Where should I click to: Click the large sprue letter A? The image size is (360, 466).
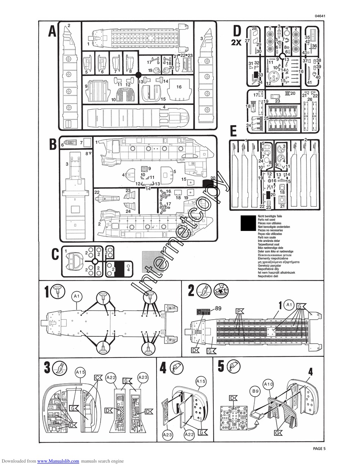52,31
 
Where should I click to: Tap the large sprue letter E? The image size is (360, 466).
233,132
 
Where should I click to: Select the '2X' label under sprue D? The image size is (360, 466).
236,42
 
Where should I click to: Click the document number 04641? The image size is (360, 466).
320,16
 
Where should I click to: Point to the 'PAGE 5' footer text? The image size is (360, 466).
319,449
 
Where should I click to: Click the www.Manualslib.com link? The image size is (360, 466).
58,461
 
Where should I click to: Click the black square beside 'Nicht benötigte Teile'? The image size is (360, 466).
248,223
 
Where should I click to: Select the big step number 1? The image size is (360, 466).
47,292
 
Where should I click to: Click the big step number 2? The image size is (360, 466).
191,291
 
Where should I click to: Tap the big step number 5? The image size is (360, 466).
221,366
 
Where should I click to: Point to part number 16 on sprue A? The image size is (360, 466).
178,86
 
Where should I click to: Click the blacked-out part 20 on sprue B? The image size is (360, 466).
208,184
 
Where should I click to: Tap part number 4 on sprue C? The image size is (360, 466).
128,270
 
